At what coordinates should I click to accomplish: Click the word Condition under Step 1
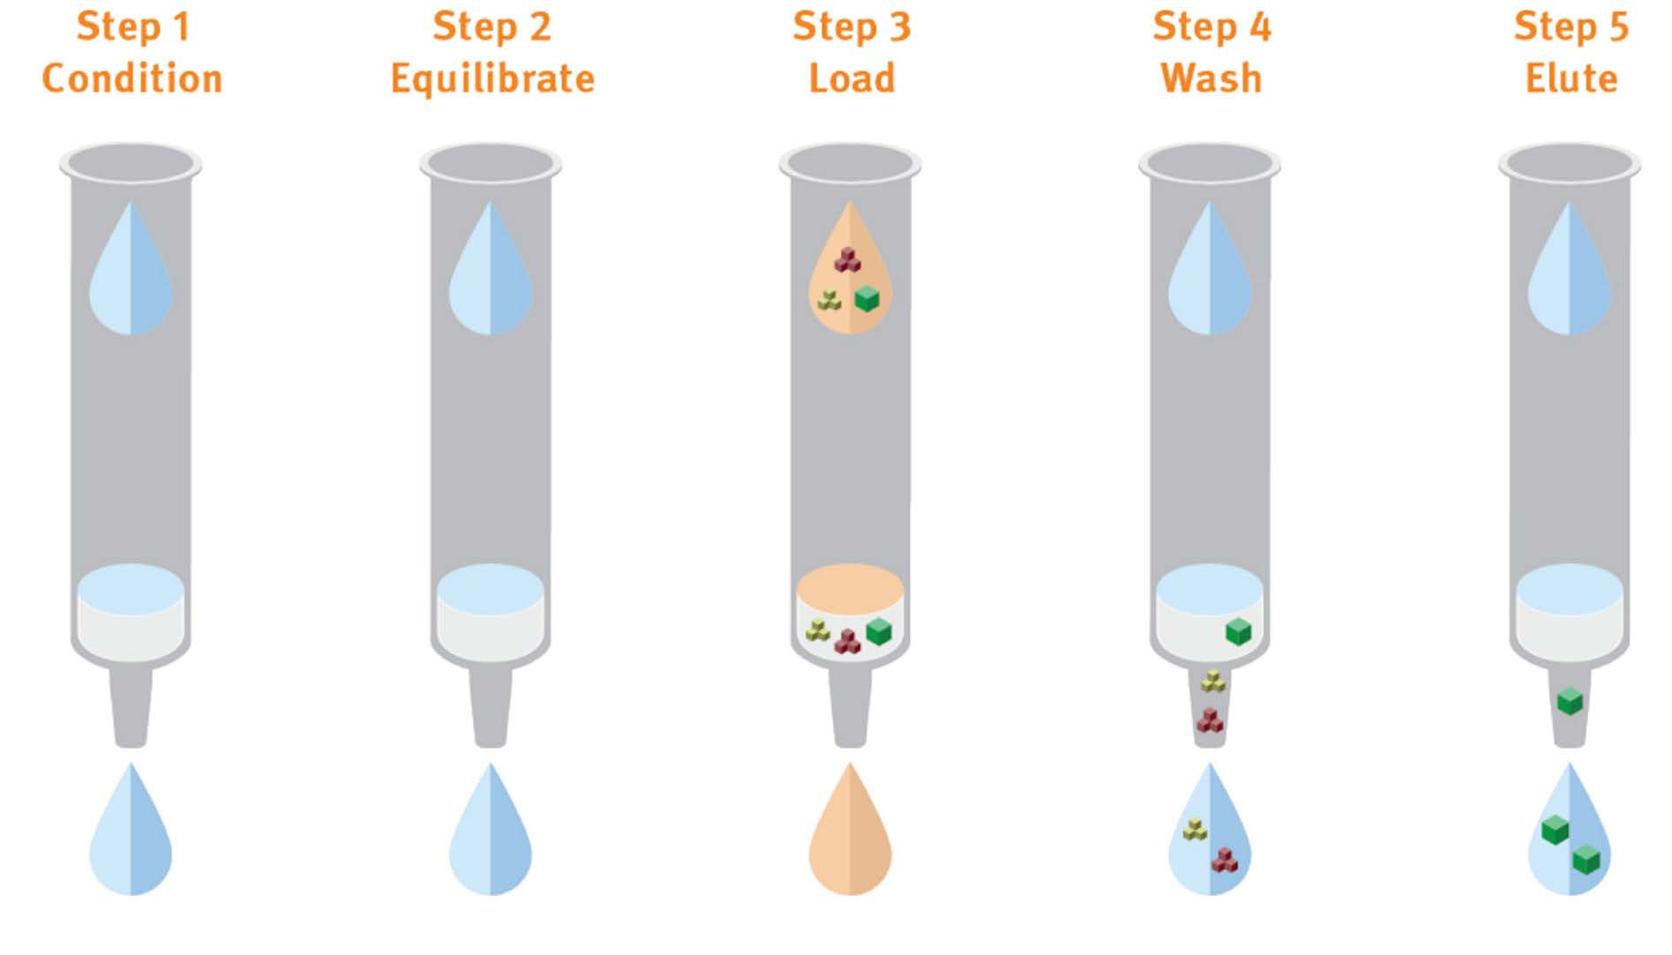coord(132,78)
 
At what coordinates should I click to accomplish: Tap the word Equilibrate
coord(492,78)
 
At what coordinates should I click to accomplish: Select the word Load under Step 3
coord(851,78)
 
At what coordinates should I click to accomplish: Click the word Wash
coord(1211,78)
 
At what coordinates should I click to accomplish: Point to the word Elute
coord(1571,78)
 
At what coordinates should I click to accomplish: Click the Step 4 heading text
coord(1211,26)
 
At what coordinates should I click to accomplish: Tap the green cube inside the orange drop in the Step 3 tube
coord(867,298)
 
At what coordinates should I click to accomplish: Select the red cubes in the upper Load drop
coord(848,259)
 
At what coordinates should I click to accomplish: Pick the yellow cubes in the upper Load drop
coord(829,300)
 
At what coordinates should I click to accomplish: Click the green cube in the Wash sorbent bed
coord(1239,631)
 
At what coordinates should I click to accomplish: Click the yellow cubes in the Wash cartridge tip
coord(1213,681)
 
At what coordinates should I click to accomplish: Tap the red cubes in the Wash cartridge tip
coord(1210,720)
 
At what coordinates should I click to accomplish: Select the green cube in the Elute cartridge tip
coord(1570,702)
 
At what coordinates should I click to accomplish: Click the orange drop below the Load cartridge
coord(851,833)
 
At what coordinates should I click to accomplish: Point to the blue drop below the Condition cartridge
coord(131,833)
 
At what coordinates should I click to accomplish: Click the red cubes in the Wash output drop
coord(1224,860)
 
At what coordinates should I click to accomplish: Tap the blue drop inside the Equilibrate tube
coord(491,273)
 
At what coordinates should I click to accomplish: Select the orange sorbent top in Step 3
coord(850,588)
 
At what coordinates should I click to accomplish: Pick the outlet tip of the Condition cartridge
coord(131,710)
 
